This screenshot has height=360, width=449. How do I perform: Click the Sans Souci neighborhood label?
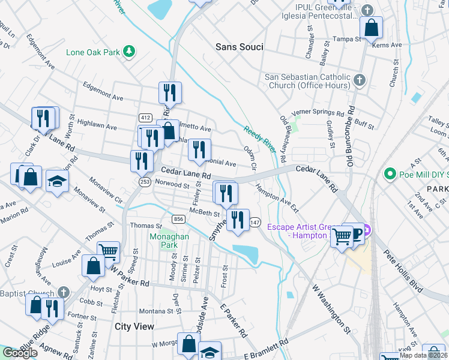tap(239, 47)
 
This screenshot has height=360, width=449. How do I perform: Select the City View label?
tap(134, 326)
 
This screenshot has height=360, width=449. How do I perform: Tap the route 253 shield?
tap(144, 181)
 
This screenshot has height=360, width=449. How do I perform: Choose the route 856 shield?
tap(178, 218)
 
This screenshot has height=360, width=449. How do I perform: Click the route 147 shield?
tap(255, 222)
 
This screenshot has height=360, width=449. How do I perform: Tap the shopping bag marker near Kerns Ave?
tap(372, 28)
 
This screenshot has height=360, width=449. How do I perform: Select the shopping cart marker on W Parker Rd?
tap(108, 252)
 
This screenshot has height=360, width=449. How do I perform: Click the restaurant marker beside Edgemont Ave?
tap(170, 92)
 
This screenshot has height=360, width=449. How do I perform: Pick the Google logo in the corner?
tap(20, 353)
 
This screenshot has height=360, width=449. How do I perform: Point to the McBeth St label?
tap(205, 213)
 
